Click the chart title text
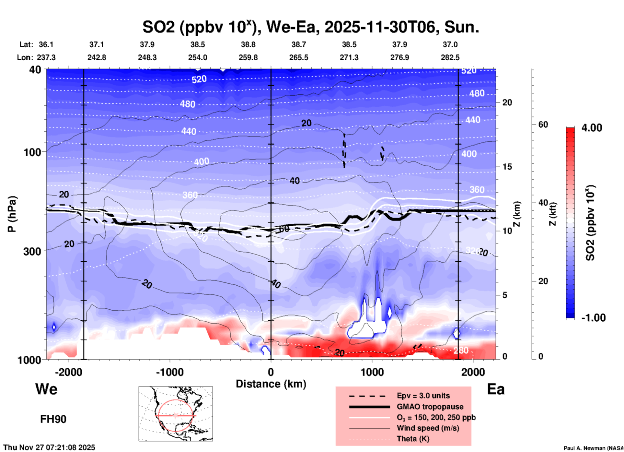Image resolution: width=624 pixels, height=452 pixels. pyautogui.click(x=310, y=27)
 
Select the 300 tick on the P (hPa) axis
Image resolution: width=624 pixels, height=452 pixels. pyautogui.click(x=33, y=251)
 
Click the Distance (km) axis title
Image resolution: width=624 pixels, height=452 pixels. pyautogui.click(x=271, y=384)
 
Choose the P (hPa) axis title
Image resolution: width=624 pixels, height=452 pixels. pyautogui.click(x=12, y=214)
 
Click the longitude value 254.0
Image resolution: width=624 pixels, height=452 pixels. pyautogui.click(x=198, y=57)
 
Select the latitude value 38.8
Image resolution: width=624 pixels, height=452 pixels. pyautogui.click(x=248, y=44)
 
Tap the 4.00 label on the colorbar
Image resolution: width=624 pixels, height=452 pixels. pyautogui.click(x=592, y=128)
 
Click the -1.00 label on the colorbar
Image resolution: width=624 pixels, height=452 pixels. pyautogui.click(x=593, y=318)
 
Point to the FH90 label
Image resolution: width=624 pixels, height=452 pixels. pyautogui.click(x=53, y=419)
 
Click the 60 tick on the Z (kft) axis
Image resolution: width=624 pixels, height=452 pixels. pyautogui.click(x=543, y=125)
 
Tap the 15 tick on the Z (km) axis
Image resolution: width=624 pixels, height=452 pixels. pyautogui.click(x=507, y=167)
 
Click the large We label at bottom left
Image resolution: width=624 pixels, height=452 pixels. pyautogui.click(x=46, y=389)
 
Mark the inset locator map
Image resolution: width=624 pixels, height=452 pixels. pyautogui.click(x=176, y=414)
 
